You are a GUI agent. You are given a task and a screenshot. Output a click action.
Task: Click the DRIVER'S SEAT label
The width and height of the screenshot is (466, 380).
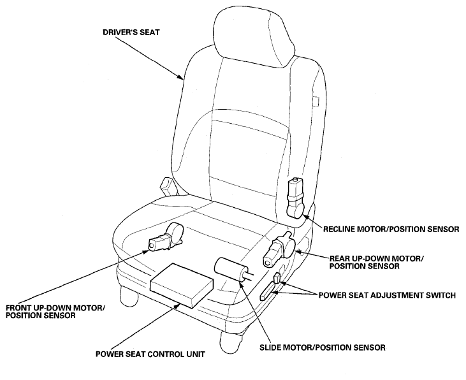[x=131, y=32]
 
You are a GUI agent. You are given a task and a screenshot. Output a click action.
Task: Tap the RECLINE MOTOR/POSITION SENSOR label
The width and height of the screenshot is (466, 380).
[x=391, y=230]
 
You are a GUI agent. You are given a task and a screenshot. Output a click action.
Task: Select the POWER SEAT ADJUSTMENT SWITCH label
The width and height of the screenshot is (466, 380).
[x=387, y=295]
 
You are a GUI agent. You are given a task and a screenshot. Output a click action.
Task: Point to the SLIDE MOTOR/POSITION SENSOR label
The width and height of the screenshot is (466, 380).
[x=323, y=347]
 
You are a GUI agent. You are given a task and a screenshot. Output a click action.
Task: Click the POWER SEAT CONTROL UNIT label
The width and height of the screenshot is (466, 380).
[x=150, y=354]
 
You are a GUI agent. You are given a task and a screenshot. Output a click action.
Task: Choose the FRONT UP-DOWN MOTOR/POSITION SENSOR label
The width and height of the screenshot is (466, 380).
[x=55, y=311]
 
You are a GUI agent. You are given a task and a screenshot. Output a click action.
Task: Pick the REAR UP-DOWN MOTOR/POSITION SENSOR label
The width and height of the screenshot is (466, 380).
[x=377, y=262]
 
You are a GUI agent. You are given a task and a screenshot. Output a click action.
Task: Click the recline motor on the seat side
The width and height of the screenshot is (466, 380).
[x=295, y=198]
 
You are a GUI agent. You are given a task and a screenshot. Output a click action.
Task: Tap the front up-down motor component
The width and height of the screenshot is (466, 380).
[x=166, y=237]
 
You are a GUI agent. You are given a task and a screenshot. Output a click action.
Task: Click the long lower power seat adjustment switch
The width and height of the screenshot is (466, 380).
[x=269, y=291]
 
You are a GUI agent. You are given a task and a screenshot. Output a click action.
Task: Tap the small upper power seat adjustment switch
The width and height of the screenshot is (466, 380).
[x=277, y=277]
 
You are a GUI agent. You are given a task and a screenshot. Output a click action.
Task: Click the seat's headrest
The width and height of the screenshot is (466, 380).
[x=254, y=36]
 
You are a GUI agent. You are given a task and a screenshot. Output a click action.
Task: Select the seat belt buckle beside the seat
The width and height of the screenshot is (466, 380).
[x=168, y=186]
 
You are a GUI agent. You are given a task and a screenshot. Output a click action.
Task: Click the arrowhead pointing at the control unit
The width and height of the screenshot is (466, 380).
[x=178, y=305]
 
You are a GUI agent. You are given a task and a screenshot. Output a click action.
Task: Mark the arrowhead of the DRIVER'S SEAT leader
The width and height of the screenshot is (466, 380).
[x=180, y=77]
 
